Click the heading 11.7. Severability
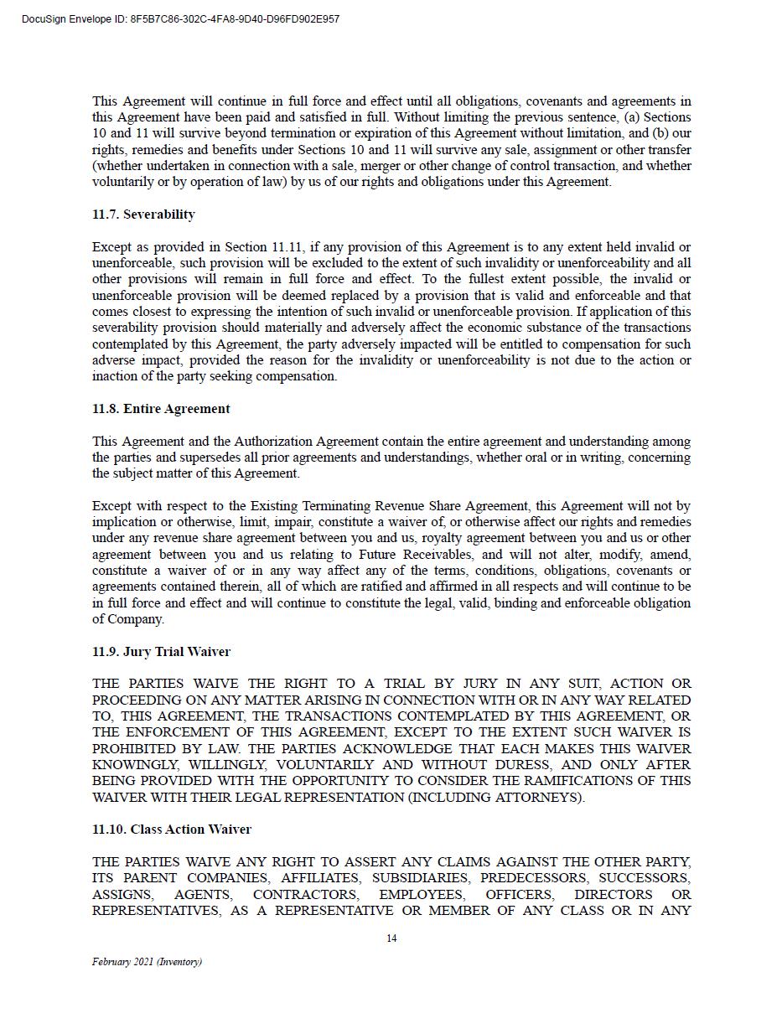pyautogui.click(x=143, y=214)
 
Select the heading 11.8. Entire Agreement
pyautogui.click(x=161, y=409)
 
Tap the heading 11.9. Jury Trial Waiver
pyautogui.click(x=161, y=652)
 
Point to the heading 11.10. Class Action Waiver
pyautogui.click(x=172, y=830)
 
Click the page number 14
pyautogui.click(x=391, y=938)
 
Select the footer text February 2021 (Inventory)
pyautogui.click(x=147, y=962)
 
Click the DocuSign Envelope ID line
pyautogui.click(x=181, y=19)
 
